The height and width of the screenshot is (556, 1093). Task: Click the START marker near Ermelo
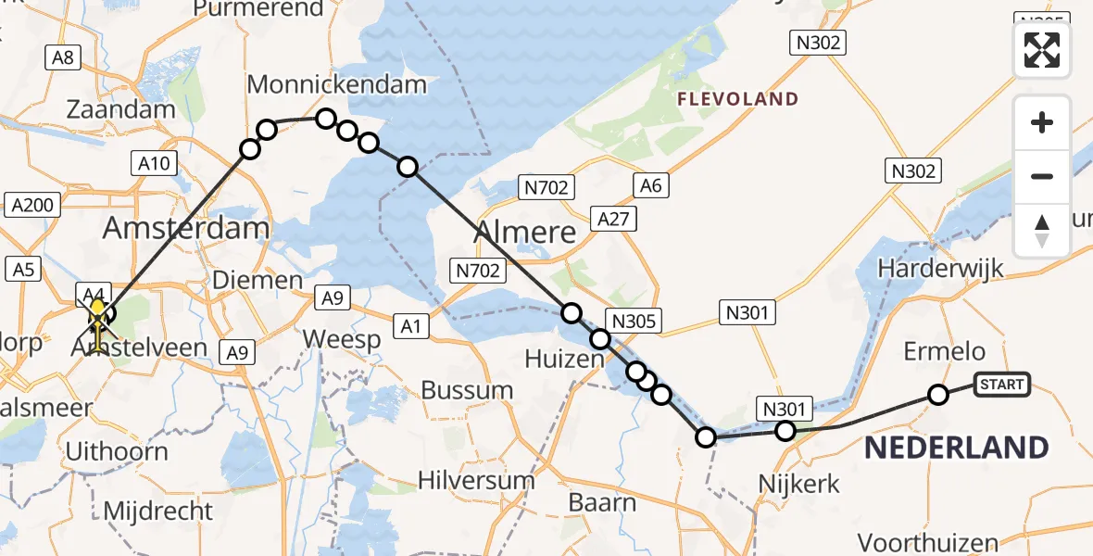pyautogui.click(x=1001, y=385)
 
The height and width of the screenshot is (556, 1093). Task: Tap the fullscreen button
pyautogui.click(x=1042, y=49)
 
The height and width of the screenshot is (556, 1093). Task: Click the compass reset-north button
pyautogui.click(x=1042, y=231)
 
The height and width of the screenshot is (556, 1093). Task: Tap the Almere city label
pyautogui.click(x=526, y=233)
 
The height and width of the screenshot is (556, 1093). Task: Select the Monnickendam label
pyautogui.click(x=336, y=85)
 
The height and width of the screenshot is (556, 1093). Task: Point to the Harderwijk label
pyautogui.click(x=940, y=269)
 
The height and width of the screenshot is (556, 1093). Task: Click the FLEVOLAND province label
pyautogui.click(x=737, y=99)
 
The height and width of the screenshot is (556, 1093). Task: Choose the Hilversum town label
pyautogui.click(x=476, y=481)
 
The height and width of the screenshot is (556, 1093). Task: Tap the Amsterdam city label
pyautogui.click(x=186, y=227)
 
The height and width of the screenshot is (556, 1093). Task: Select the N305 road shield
pyautogui.click(x=634, y=322)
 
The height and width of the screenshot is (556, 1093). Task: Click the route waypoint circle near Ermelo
pyautogui.click(x=938, y=395)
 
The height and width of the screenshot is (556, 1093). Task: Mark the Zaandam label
pyautogui.click(x=120, y=109)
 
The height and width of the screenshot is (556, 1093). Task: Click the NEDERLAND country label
pyautogui.click(x=956, y=449)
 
